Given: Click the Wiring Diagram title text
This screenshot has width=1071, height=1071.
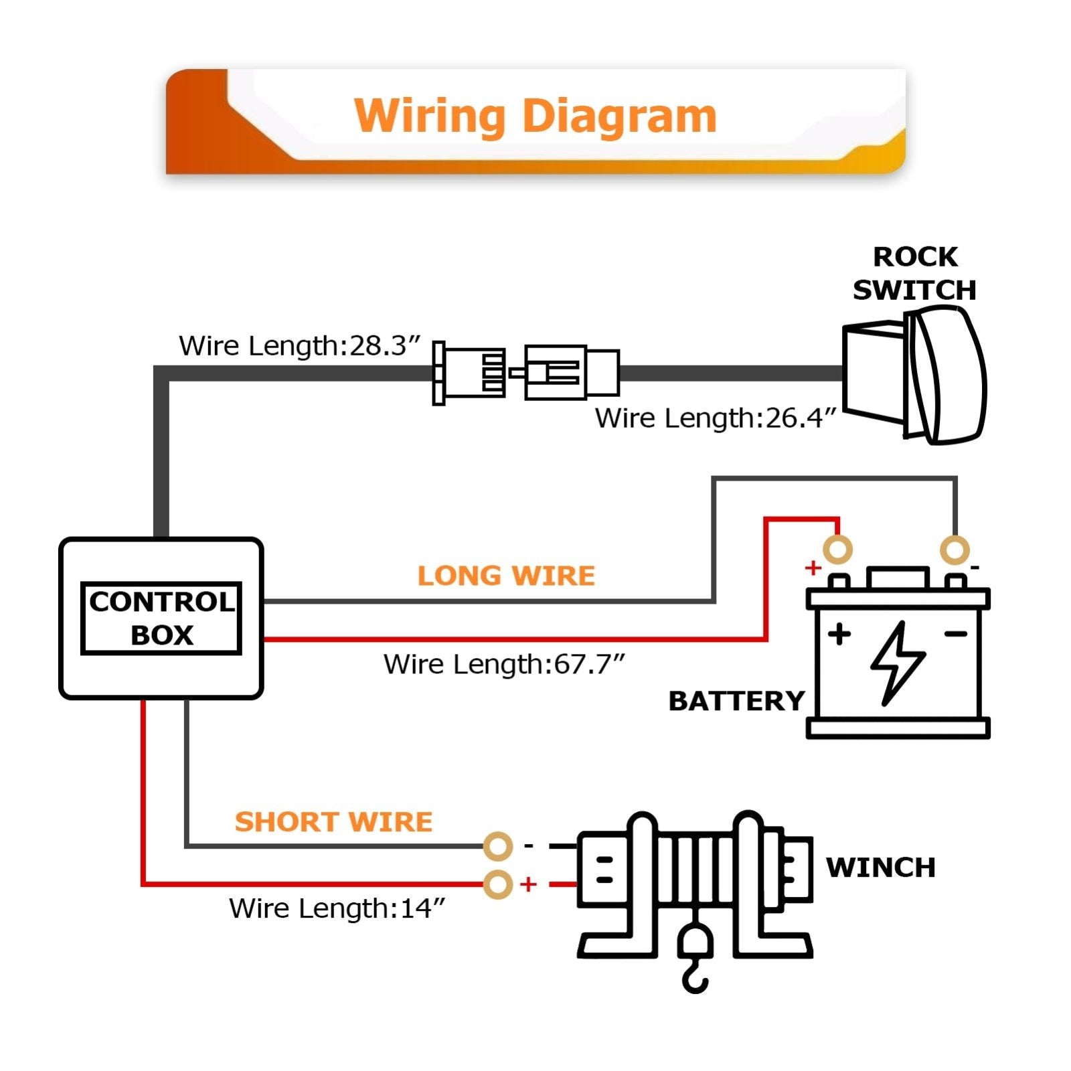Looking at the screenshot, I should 535,116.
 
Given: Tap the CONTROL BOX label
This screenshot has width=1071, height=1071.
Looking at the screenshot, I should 161,618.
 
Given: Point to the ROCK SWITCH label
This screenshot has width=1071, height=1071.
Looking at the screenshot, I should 914,273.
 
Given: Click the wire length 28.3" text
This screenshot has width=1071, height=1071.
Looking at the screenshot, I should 299,346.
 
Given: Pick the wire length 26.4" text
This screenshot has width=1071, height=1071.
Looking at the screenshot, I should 716,418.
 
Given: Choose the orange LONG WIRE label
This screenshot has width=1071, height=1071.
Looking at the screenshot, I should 506,576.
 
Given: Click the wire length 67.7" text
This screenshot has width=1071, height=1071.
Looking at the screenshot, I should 504,664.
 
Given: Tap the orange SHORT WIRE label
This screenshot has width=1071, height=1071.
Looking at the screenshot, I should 333,821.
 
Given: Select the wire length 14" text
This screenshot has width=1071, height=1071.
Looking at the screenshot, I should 337,908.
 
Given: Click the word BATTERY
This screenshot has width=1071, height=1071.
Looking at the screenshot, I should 736,701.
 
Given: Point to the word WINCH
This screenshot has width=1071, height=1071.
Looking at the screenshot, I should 880,867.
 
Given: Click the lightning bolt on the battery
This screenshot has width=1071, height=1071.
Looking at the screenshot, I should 898,663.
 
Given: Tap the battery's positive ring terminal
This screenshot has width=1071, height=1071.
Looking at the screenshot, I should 837,550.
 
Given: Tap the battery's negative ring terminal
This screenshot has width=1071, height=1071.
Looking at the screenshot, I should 955,550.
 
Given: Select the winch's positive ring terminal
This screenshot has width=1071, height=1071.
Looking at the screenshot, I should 497,884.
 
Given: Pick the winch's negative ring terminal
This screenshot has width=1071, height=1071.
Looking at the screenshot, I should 497,847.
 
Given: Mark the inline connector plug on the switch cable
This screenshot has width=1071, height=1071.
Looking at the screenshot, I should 526,373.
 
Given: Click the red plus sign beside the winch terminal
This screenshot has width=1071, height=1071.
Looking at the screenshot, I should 529,884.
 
